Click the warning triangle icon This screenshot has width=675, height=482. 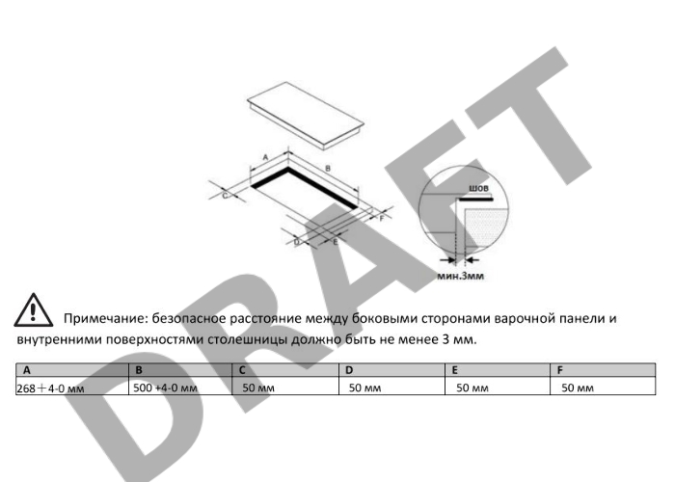pos(33,310)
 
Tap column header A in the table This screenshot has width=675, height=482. pos(27,370)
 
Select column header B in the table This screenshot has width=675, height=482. pos(139,370)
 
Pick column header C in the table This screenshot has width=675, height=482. pos(242,370)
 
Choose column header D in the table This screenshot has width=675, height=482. pos(349,370)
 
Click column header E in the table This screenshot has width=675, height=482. pos(454,370)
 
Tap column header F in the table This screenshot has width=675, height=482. pos(560,370)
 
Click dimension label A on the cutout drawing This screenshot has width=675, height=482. pos(265,157)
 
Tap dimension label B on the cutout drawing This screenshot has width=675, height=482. pos(328,169)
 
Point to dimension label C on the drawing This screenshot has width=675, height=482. pos(225,196)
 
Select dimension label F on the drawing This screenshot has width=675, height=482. pos(382,218)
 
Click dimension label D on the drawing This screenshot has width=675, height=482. pos(297,242)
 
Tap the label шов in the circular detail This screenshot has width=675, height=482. pos(478,188)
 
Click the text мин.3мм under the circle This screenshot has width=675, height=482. pos(461,276)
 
